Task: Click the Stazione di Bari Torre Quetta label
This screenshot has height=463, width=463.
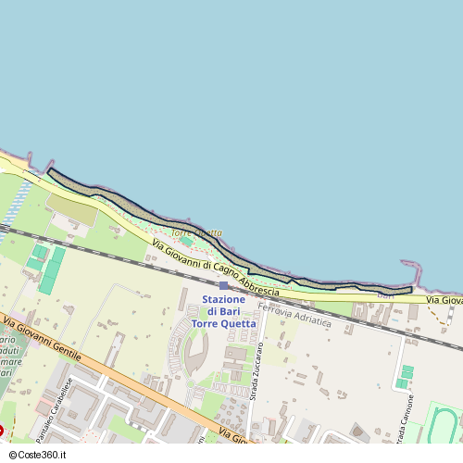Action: click(x=223, y=311)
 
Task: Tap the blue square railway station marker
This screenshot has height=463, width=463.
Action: click(x=223, y=286)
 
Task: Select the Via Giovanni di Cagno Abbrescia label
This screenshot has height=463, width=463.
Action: click(x=213, y=264)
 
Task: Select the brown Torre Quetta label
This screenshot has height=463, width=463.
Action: click(x=196, y=231)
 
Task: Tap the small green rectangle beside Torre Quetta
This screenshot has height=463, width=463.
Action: click(x=188, y=241)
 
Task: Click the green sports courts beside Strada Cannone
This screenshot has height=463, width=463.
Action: click(x=405, y=376)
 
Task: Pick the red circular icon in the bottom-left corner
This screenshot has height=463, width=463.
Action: click(x=3, y=432)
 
